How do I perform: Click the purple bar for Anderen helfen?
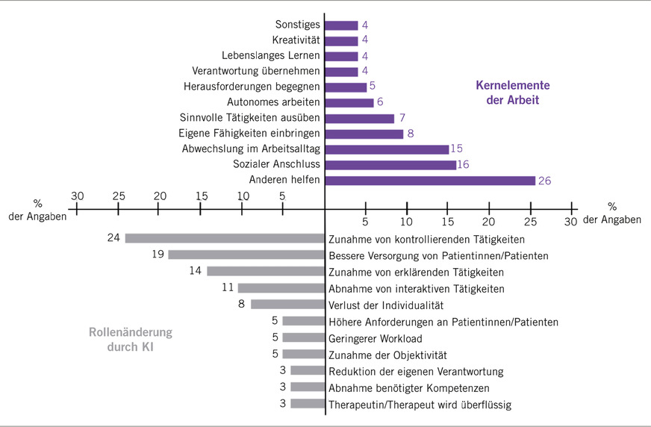[430, 180]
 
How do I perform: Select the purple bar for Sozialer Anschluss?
[390, 165]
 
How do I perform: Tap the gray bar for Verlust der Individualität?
[287, 304]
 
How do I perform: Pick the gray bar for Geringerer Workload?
[303, 337]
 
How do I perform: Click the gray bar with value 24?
[225, 238]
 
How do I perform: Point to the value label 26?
[543, 180]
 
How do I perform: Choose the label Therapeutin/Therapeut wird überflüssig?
[420, 404]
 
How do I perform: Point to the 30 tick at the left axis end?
[77, 196]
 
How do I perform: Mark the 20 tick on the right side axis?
[488, 222]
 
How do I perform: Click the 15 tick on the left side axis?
[201, 196]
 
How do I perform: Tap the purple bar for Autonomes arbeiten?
[349, 102]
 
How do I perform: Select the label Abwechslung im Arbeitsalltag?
[251, 149]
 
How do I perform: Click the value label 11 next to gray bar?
[229, 287]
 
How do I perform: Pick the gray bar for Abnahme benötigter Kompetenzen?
[308, 387]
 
